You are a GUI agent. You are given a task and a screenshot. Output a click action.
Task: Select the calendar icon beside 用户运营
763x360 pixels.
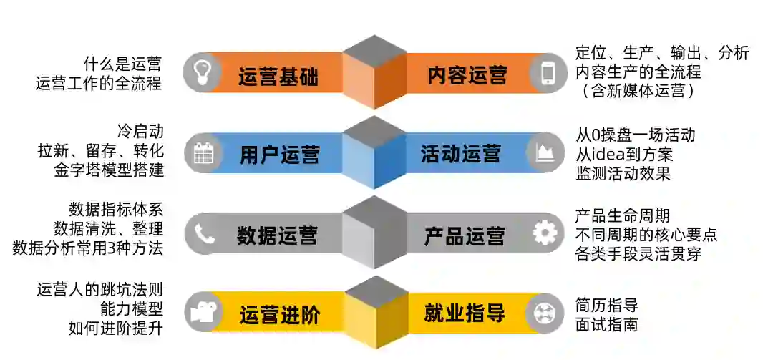pyautogui.click(x=203, y=153)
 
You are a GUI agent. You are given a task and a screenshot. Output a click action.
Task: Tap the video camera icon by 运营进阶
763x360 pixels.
pyautogui.click(x=203, y=313)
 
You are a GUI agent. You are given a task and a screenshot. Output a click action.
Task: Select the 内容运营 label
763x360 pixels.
pyautogui.click(x=467, y=75)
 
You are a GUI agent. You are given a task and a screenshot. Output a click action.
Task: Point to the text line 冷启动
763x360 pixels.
pyautogui.click(x=140, y=132)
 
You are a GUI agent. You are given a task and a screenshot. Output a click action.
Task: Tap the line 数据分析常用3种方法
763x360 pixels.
pyautogui.click(x=88, y=248)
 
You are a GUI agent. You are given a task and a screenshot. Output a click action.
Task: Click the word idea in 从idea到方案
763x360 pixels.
pyautogui.click(x=609, y=153)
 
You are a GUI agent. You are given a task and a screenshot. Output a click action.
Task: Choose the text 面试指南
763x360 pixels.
pyautogui.click(x=606, y=324)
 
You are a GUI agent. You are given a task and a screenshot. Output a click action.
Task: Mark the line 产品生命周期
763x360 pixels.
pyautogui.click(x=623, y=215)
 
